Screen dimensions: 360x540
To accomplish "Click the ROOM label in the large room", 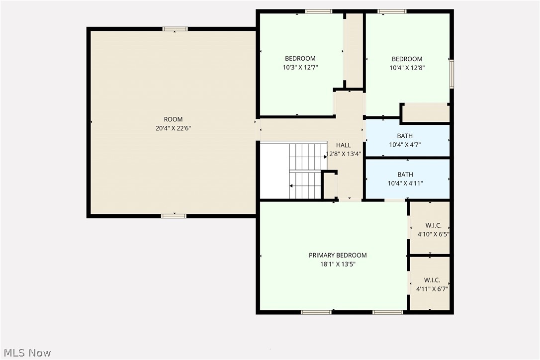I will (x=173, y=119).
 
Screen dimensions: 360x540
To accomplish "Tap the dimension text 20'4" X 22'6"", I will (x=173, y=128).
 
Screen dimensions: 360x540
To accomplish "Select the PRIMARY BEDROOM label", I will (x=338, y=256).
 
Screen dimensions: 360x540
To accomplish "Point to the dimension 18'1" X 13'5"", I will (x=338, y=265).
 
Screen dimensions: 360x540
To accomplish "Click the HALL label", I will (x=343, y=145).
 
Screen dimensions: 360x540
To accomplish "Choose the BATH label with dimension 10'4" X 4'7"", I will (x=405, y=136).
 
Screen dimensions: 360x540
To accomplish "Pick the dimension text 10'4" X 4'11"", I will (x=405, y=183).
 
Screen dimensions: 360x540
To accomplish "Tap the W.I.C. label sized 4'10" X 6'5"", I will (x=433, y=226).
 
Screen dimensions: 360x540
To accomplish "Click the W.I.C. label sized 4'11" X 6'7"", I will (x=432, y=280).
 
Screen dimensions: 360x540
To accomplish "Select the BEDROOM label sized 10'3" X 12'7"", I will (x=300, y=59).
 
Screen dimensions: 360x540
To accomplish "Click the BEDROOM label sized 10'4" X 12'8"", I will (x=407, y=59).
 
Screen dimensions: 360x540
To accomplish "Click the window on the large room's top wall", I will (x=176, y=29).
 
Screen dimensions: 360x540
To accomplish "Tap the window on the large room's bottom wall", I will (x=174, y=216).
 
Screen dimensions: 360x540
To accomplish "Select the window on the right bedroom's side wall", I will (x=451, y=74).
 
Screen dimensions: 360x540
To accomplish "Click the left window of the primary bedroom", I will (x=316, y=312).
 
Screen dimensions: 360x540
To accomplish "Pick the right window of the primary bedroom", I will (x=388, y=312).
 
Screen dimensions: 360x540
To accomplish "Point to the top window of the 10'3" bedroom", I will (x=319, y=11).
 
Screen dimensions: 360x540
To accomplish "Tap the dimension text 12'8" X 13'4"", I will (x=343, y=154).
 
